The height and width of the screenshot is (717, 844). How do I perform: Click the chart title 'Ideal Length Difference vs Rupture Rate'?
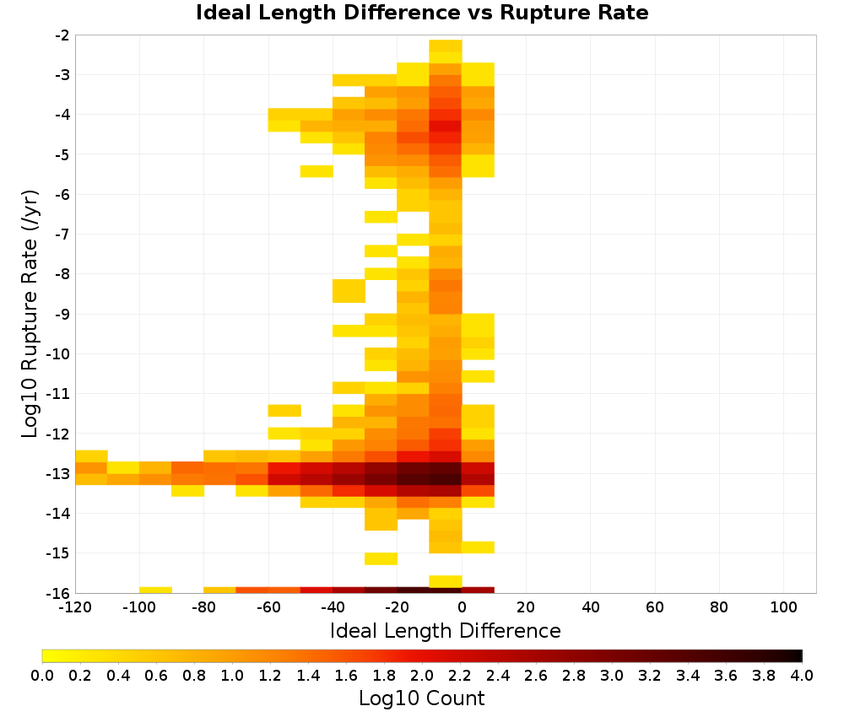422,13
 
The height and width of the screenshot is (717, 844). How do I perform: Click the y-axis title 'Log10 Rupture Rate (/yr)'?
30,314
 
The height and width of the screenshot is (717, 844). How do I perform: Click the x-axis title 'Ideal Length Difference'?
445,630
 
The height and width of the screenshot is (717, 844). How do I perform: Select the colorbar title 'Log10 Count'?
421,698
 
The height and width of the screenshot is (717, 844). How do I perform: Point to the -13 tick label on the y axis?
59,473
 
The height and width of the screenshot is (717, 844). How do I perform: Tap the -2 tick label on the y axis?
62,35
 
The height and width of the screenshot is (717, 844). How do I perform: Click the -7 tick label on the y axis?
62,235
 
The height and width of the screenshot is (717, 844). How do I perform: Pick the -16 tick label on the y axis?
59,593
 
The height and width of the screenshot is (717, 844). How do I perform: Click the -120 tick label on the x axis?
75,608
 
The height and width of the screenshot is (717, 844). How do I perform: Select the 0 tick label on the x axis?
462,608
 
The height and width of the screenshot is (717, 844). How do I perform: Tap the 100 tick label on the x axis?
784,608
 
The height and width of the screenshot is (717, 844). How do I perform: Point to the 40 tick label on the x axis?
591,608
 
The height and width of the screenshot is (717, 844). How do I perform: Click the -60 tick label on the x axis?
268,608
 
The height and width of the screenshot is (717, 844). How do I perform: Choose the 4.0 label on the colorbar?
802,675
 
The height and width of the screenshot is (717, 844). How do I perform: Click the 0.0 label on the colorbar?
42,675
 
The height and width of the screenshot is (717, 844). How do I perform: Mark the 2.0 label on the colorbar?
422,675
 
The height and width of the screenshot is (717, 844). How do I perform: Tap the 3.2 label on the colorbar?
650,675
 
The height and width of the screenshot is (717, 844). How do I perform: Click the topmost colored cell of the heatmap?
446,46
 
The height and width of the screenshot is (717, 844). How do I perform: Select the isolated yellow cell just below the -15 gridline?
381,558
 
